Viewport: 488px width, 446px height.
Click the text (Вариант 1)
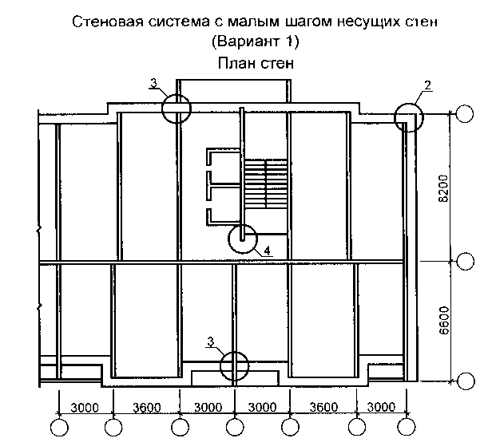(x=256, y=41)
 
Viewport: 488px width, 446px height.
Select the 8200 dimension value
(x=443, y=188)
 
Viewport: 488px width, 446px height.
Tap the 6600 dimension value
(x=444, y=321)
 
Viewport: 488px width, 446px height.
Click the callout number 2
(x=428, y=85)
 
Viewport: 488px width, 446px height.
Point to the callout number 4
(x=268, y=251)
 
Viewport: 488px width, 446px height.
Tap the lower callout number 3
(x=211, y=342)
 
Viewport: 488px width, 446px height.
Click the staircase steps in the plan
(x=265, y=184)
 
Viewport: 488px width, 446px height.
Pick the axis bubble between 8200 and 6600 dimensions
(x=465, y=261)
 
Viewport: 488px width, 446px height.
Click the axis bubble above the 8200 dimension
(x=465, y=114)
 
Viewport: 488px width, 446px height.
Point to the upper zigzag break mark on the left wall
(x=39, y=230)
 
